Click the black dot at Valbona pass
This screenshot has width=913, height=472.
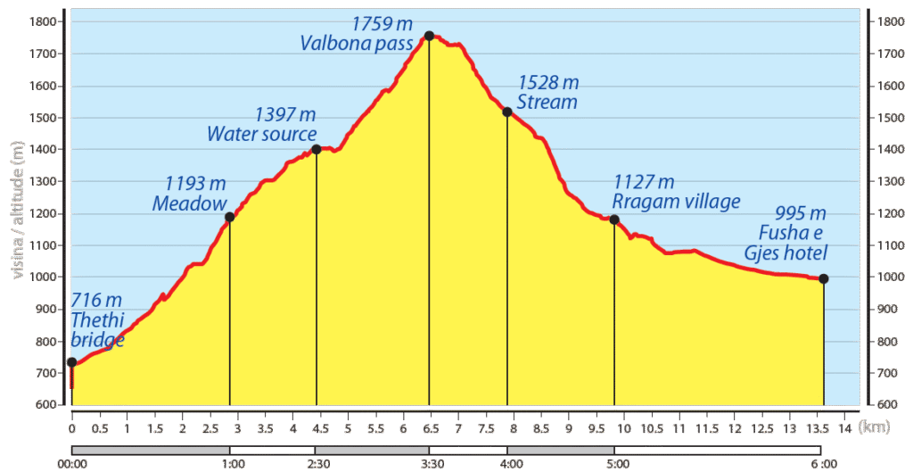[x=429, y=36]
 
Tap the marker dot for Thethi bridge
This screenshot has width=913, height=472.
[x=71, y=361]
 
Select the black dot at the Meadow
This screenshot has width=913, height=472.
[x=229, y=217]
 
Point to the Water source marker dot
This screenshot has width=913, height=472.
[x=317, y=149]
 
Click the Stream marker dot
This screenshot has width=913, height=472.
[x=506, y=112]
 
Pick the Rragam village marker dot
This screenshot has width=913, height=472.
[x=614, y=219]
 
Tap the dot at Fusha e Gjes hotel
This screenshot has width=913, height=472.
[x=824, y=278]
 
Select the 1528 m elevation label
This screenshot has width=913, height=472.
[x=548, y=82]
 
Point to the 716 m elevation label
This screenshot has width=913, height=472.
[x=95, y=300]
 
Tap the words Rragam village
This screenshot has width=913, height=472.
[x=676, y=202]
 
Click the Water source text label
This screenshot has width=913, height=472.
[x=262, y=135]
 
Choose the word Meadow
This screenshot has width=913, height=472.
[x=190, y=203]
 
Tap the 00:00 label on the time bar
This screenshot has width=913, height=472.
[x=71, y=463]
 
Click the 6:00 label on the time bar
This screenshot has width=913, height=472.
[x=824, y=463]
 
